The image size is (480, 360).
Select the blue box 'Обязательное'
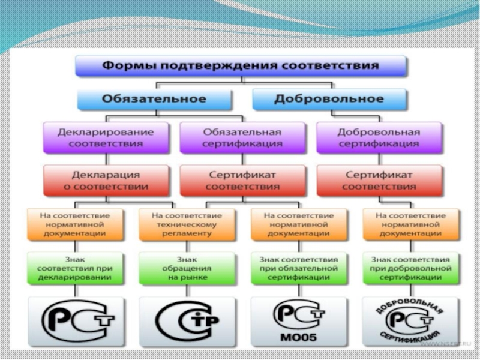coord(153,98)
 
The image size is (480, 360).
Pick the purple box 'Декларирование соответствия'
coord(106,137)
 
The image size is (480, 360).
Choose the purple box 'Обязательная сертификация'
coord(242,137)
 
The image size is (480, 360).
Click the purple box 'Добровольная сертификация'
coord(379,137)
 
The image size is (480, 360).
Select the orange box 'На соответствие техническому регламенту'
coord(186,224)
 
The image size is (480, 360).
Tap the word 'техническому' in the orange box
coord(186,224)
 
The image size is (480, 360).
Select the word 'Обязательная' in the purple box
coord(242,132)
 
